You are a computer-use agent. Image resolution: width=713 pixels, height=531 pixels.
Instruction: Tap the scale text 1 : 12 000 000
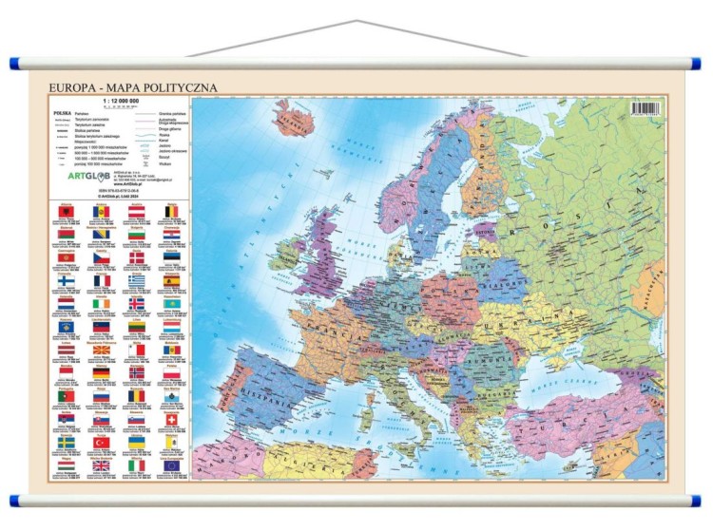[120, 102]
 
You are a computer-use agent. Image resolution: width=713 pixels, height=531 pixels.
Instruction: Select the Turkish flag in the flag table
[101, 443]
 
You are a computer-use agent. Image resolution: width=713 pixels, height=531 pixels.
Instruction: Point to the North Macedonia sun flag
[101, 350]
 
